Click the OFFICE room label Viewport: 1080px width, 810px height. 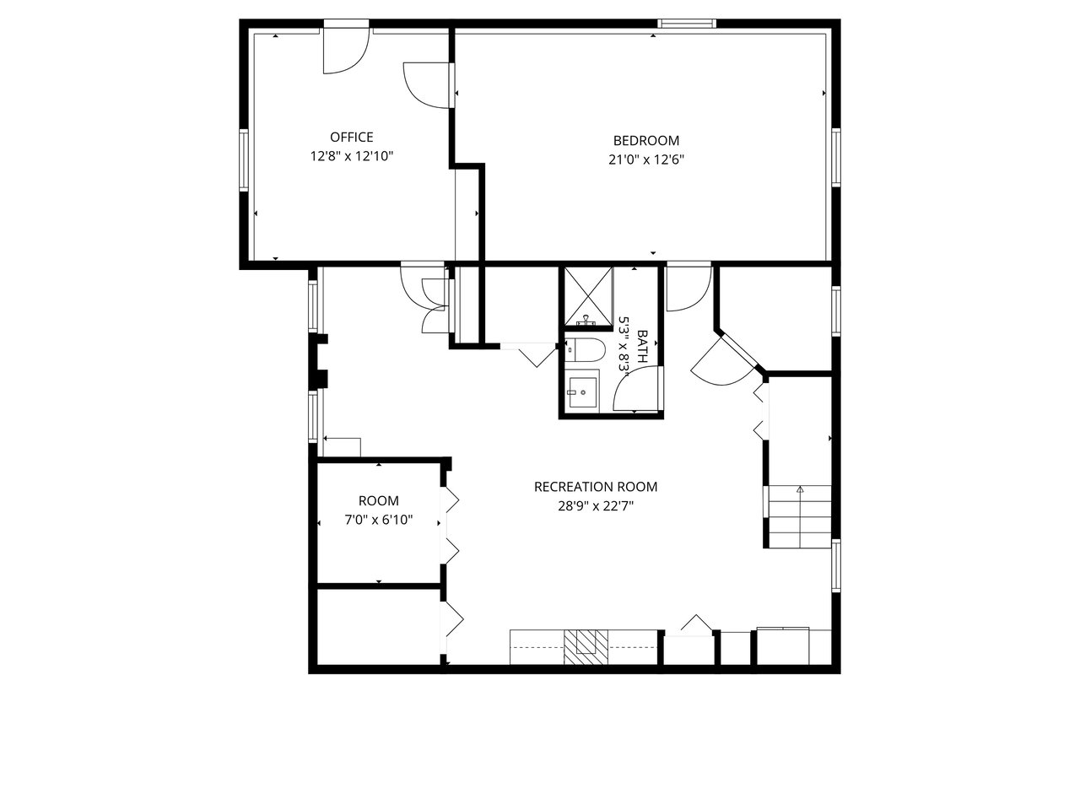pyautogui.click(x=351, y=137)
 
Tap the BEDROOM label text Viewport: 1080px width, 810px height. pyautogui.click(x=646, y=141)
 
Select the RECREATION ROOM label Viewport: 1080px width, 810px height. pyautogui.click(x=596, y=487)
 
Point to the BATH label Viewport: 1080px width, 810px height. pyautogui.click(x=642, y=347)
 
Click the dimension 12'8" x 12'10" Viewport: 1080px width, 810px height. pyautogui.click(x=352, y=156)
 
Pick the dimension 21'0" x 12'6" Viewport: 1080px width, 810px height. pyautogui.click(x=646, y=159)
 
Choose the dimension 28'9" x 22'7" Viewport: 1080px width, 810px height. pyautogui.click(x=596, y=506)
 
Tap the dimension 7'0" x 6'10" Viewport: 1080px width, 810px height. pyautogui.click(x=378, y=520)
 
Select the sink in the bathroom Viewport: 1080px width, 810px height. pyautogui.click(x=581, y=392)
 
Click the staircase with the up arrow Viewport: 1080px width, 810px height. pyautogui.click(x=800, y=516)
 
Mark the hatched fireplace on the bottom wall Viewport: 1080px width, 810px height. pyautogui.click(x=585, y=647)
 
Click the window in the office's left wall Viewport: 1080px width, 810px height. pyautogui.click(x=243, y=159)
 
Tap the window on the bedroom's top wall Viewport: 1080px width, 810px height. pyautogui.click(x=687, y=23)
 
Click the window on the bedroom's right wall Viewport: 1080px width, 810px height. pyautogui.click(x=836, y=157)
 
